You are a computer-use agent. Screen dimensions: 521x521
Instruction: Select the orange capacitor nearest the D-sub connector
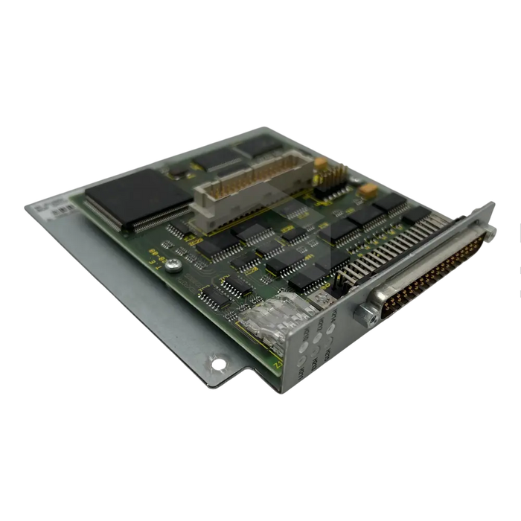[x=367, y=190]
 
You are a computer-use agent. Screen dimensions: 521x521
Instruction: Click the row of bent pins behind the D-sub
[x=394, y=246]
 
